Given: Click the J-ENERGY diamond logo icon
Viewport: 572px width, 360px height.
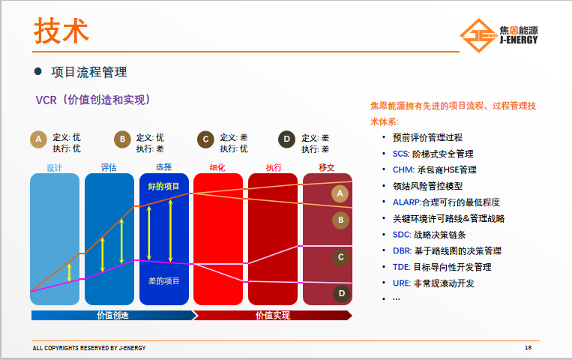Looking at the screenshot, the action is [478, 35].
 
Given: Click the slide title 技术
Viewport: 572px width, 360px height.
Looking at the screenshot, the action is [61, 31].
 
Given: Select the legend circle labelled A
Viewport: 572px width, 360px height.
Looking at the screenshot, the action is [38, 139].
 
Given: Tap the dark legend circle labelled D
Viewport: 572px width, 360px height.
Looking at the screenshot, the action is [286, 139].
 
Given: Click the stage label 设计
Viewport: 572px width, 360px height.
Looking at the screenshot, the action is [55, 167].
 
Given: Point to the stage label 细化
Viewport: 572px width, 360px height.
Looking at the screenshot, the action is [217, 167].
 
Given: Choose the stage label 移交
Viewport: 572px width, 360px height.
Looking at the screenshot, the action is [327, 167].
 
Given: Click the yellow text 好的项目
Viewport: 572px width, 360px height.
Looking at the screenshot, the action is [163, 187].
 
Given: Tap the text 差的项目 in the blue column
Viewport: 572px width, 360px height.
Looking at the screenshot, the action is [163, 280].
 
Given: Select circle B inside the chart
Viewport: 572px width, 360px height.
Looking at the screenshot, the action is [340, 220].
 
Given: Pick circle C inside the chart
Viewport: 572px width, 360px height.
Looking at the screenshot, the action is [340, 257].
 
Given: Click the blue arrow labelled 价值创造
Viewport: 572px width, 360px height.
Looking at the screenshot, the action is [114, 316].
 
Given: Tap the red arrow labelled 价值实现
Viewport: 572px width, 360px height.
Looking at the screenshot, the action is [272, 316].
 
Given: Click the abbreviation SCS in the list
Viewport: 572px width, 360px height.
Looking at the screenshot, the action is [400, 154].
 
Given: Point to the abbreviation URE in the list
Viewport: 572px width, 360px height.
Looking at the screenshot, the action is [401, 283].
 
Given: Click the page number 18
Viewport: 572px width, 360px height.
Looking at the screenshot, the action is [528, 347].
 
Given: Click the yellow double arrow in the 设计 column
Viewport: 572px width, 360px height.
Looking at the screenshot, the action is [69, 273].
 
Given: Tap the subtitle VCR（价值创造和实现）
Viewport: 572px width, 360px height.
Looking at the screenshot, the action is [93, 100].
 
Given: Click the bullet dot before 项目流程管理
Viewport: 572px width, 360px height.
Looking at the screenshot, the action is [38, 71].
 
